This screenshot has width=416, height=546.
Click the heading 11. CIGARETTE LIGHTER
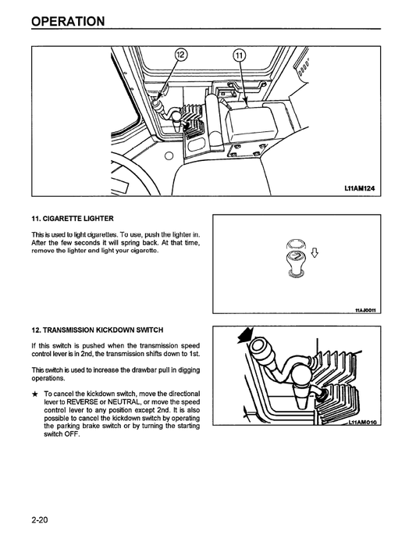click(76, 219)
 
